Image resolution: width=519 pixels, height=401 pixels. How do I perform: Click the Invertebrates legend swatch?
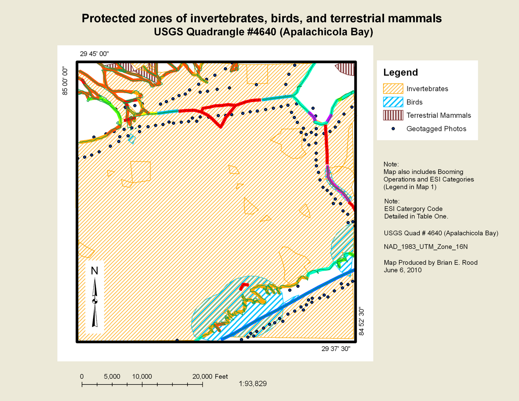point(393,89)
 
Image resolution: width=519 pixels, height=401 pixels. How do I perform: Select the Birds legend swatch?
point(393,102)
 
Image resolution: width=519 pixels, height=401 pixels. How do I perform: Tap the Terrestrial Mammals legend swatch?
point(393,115)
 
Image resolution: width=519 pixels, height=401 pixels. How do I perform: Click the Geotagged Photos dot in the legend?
point(393,129)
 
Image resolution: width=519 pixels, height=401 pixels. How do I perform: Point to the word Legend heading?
point(401,72)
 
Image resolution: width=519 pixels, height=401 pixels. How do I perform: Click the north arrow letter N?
point(94,271)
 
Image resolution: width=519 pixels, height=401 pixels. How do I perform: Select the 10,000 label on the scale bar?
point(142,377)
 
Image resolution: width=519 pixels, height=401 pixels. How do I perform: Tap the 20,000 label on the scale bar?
point(202,377)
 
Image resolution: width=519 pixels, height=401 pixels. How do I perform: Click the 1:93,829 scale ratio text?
point(253,384)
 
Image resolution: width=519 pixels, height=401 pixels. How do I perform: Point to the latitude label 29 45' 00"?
point(94,54)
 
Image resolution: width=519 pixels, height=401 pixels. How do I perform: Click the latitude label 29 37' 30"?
point(336,349)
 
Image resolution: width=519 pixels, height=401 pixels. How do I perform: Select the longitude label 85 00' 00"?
point(65,81)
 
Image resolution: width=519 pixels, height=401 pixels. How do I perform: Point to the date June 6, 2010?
point(403,270)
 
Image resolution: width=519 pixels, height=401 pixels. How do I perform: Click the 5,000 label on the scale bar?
point(112,377)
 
